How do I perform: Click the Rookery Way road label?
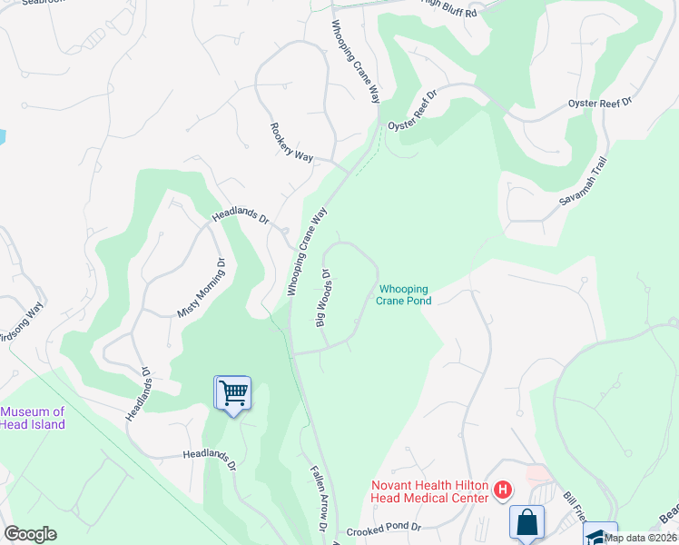(291, 143)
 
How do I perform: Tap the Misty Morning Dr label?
(200, 288)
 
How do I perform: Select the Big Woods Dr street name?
(320, 297)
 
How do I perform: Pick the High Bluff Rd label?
(450, 5)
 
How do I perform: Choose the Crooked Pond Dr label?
(384, 528)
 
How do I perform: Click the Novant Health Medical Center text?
(428, 490)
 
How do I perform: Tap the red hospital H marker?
(503, 491)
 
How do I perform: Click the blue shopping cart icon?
(233, 392)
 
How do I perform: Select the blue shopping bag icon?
(526, 522)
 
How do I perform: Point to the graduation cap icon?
(600, 536)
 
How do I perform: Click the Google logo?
(30, 534)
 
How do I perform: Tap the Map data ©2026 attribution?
(640, 538)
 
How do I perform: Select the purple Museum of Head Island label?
(33, 419)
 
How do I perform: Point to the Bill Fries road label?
(576, 509)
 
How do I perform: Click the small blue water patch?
(2, 137)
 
